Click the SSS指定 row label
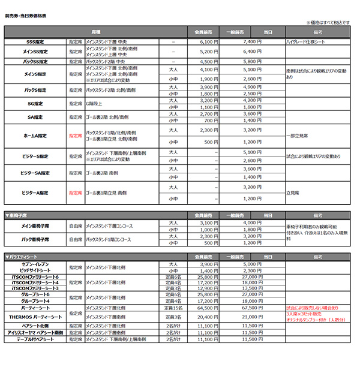pyautogui.click(x=35, y=42)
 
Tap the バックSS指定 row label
pyautogui.click(x=35, y=61)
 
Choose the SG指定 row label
pyautogui.click(x=35, y=103)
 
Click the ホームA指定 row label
pyautogui.click(x=35, y=136)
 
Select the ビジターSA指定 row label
pyautogui.click(x=35, y=173)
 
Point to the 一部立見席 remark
pyautogui.click(x=301, y=136)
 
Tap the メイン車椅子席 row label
pyautogui.click(x=35, y=225)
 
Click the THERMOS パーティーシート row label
pyautogui.click(x=35, y=317)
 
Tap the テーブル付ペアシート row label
pyautogui.click(x=35, y=339)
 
